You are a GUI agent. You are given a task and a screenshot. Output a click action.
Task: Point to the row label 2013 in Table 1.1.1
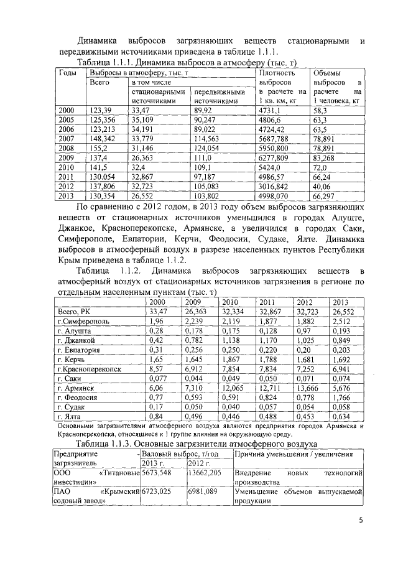pyautogui.click(x=66, y=197)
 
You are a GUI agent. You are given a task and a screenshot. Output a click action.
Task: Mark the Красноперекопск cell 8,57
pyautogui.click(x=155, y=368)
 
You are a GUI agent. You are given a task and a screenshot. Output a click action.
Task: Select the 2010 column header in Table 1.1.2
pyautogui.click(x=230, y=302)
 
